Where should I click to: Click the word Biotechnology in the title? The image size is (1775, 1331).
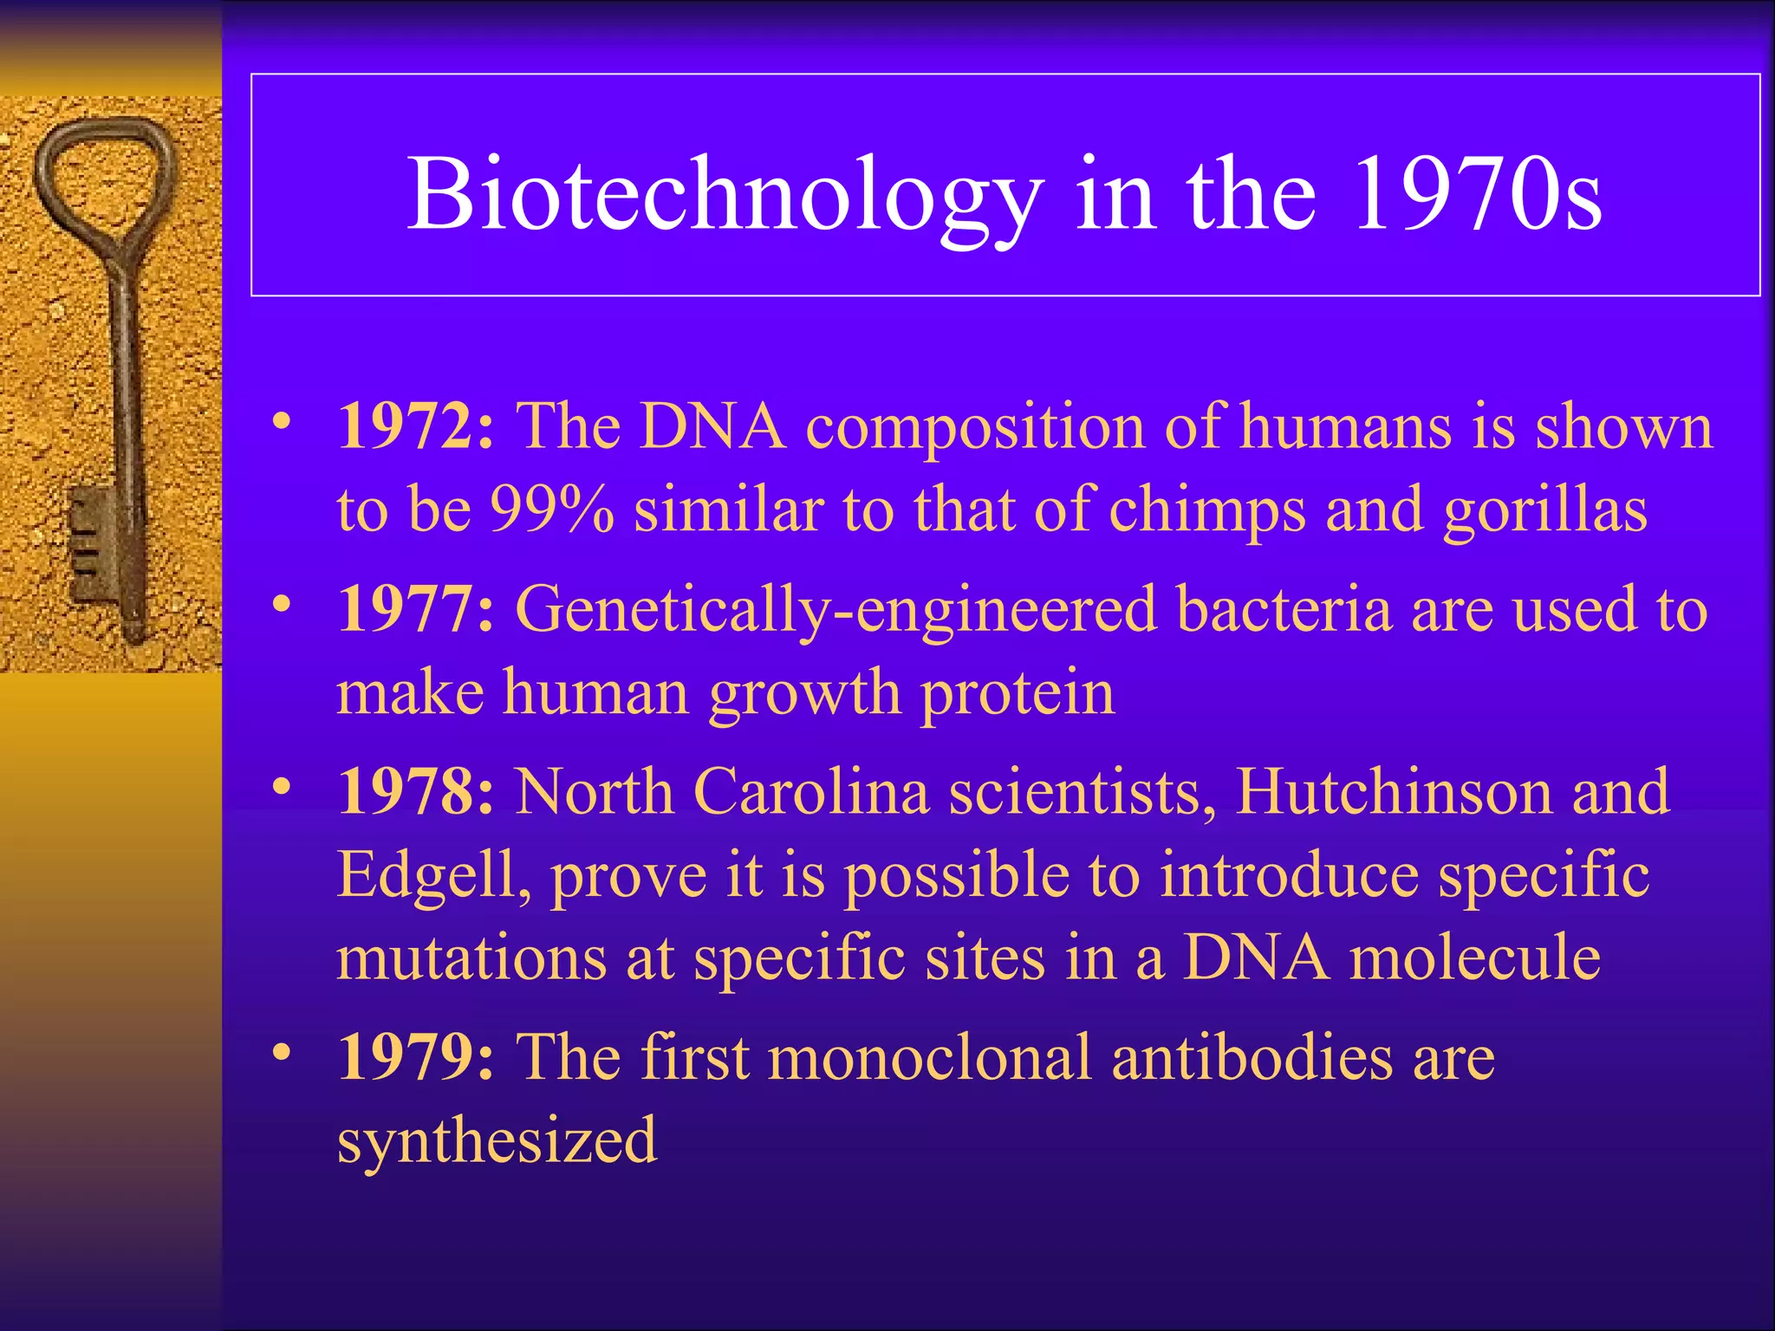coord(725,196)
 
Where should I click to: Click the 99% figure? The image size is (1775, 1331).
coord(552,510)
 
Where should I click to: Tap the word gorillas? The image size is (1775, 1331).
coord(1544,510)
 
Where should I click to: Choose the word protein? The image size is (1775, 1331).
coord(1018,694)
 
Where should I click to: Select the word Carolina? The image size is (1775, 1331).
coord(811,792)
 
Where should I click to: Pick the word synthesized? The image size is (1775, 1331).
coord(497,1140)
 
